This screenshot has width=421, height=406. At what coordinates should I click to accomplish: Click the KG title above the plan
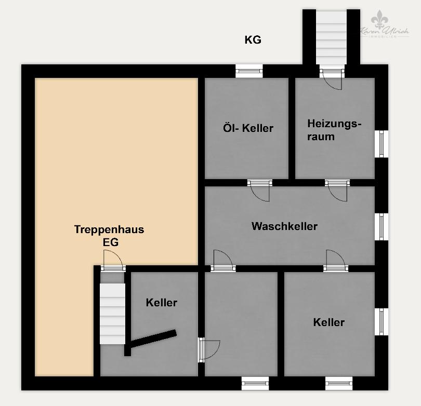coord(253,40)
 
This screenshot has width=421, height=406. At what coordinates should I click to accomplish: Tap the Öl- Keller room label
coord(248,128)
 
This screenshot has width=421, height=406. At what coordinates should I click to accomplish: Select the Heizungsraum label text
coord(333,130)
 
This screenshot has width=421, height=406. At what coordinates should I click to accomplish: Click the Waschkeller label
coord(284,226)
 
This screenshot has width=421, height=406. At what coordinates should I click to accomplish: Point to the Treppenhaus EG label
coord(109,235)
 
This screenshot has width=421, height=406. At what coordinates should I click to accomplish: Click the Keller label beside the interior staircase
coord(162,303)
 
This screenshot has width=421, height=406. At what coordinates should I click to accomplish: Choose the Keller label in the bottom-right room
coord(329,322)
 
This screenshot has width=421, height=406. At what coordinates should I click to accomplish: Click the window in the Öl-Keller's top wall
coord(249,71)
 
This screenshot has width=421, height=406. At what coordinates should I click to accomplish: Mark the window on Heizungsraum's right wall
coord(382,144)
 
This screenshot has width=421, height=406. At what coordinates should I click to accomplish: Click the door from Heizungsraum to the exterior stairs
coord(331,78)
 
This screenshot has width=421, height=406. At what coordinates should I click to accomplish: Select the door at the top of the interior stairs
coord(113,261)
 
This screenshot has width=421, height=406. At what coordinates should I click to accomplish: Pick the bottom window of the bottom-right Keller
coord(339,384)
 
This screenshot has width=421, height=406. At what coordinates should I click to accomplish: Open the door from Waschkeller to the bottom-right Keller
coord(335,261)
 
